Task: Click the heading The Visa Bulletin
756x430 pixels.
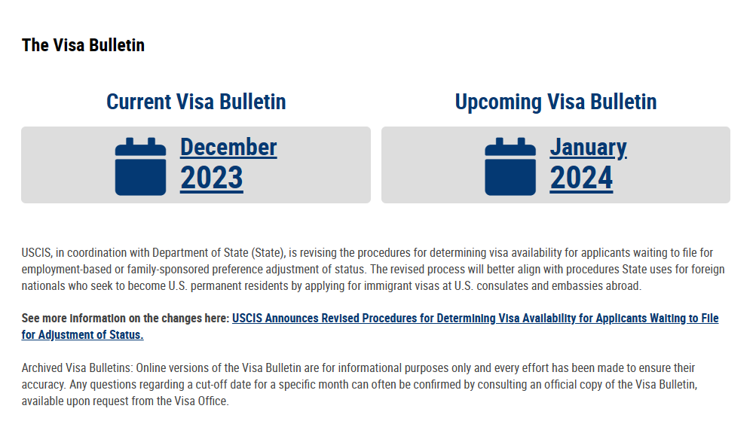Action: click(83, 45)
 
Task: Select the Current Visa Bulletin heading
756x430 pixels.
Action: click(196, 102)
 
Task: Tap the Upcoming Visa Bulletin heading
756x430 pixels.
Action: click(556, 102)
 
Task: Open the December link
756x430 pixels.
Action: click(228, 147)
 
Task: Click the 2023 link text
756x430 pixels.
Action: click(212, 178)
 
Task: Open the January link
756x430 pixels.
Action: click(588, 148)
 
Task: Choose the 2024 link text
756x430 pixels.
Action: click(581, 178)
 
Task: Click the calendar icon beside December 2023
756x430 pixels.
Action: click(140, 166)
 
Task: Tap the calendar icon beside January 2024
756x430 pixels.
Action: click(510, 166)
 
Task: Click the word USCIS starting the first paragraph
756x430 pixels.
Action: click(36, 253)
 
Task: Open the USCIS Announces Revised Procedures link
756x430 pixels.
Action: click(476, 319)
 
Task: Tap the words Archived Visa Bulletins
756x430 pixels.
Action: click(77, 368)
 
